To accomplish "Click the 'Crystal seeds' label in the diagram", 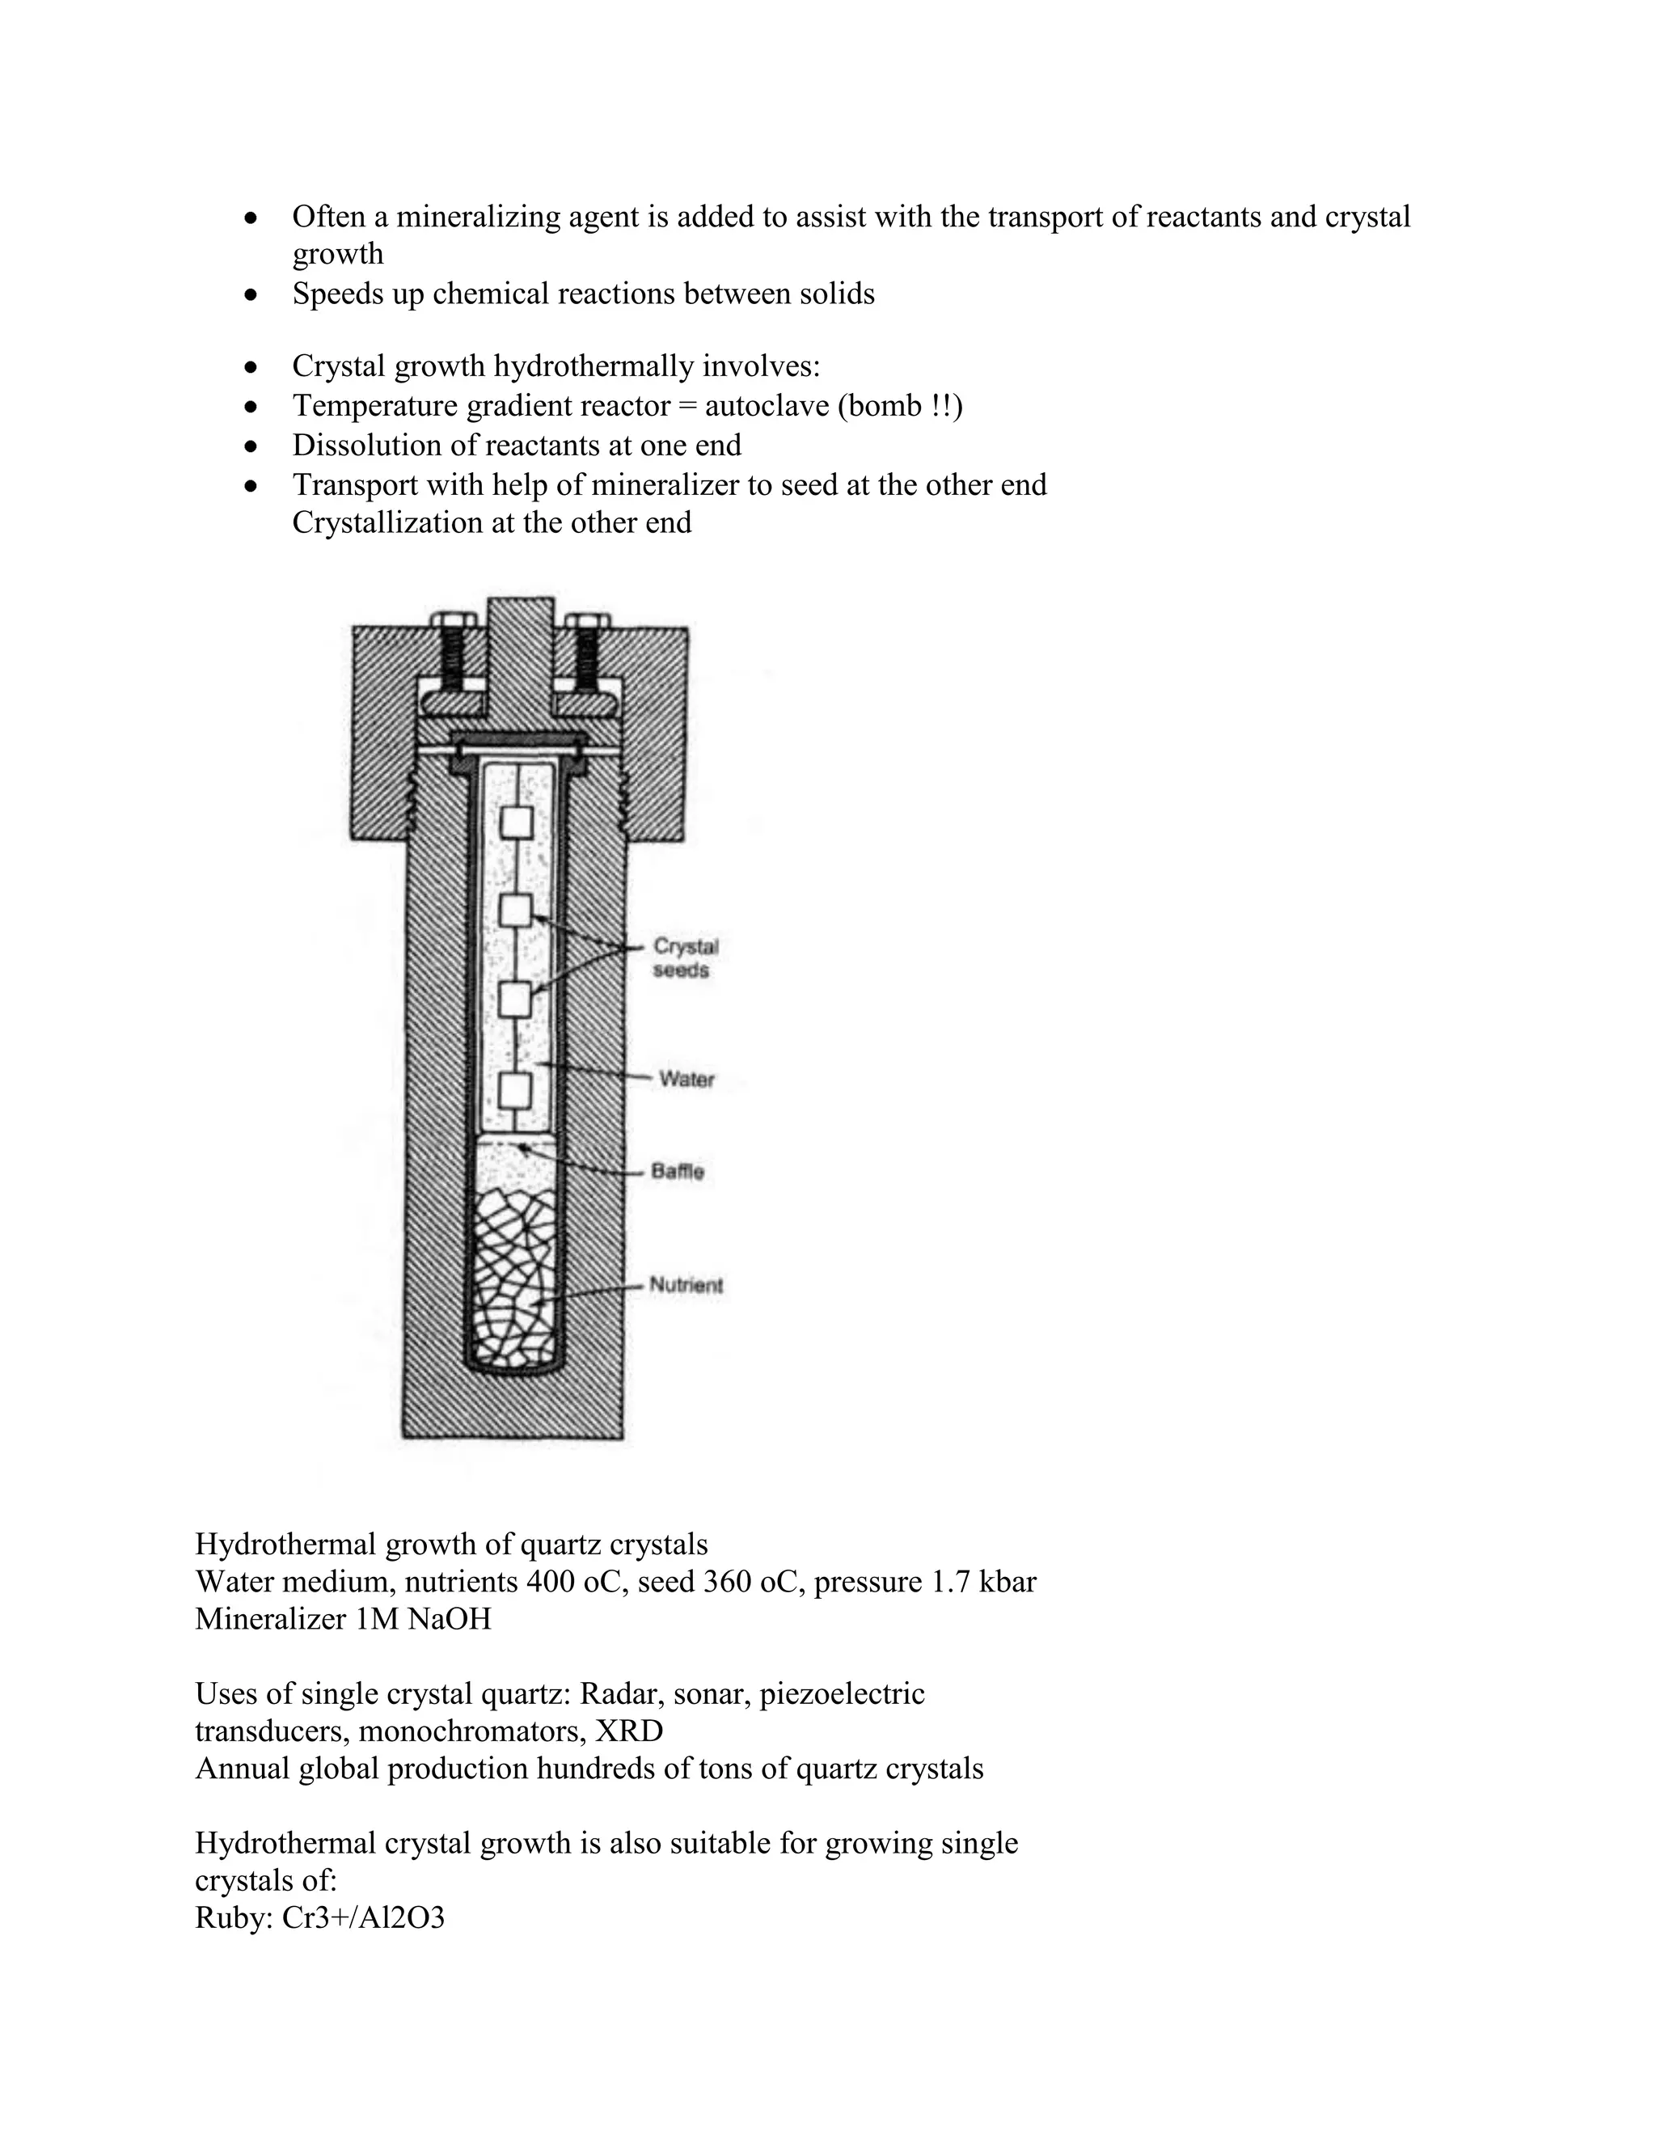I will pos(685,957).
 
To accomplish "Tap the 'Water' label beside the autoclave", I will pos(686,1080).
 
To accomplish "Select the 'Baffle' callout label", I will pos(678,1172).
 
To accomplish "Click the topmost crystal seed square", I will pos(516,822).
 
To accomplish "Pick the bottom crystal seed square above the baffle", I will pos(516,1089).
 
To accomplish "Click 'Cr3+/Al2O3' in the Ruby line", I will pos(363,1917).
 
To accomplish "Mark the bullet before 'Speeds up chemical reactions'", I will pos(252,294).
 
